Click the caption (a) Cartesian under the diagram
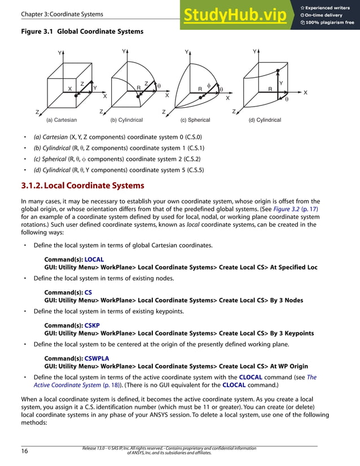(62, 120)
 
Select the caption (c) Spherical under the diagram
(195, 120)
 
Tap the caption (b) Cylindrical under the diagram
(126, 120)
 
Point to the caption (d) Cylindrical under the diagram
(265, 120)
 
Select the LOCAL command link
(94, 260)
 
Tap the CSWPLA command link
(96, 359)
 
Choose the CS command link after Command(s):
(88, 293)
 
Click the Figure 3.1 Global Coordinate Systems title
(82, 32)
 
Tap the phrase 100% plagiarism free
(330, 23)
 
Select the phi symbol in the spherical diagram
(208, 85)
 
